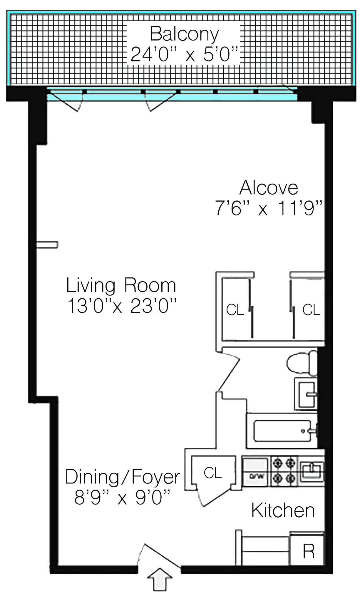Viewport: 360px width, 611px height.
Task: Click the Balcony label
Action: click(x=184, y=34)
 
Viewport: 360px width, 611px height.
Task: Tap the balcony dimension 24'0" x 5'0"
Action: click(x=184, y=54)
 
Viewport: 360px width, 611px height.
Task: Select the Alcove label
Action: click(x=269, y=188)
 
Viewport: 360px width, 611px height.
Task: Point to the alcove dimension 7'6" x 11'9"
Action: click(x=269, y=208)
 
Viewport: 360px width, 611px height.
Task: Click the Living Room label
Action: click(x=121, y=286)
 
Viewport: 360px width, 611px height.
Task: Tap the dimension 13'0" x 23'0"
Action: click(x=122, y=306)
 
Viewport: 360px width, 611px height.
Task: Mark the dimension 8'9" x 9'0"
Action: click(x=122, y=497)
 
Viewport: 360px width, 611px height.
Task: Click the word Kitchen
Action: click(x=283, y=510)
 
